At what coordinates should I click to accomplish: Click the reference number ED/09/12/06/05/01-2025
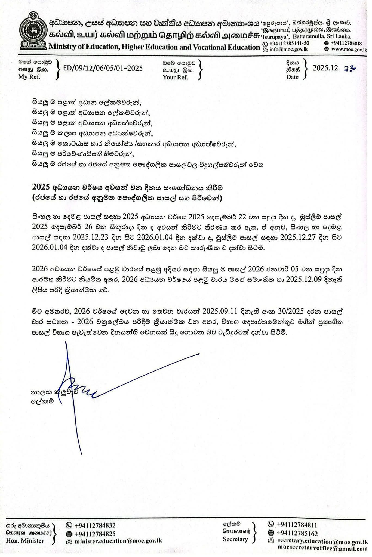tap(103, 68)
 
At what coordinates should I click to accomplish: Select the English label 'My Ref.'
tap(29, 77)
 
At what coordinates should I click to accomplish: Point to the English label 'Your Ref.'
tap(175, 77)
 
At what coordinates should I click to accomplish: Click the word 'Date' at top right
tap(292, 77)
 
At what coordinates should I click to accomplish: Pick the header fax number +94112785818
tap(346, 43)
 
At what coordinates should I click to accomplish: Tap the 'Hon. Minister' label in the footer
tap(25, 541)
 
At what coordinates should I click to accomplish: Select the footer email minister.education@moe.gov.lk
tap(118, 540)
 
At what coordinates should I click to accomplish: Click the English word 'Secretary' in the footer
tap(235, 539)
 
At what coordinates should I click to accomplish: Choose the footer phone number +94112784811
tap(297, 525)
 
